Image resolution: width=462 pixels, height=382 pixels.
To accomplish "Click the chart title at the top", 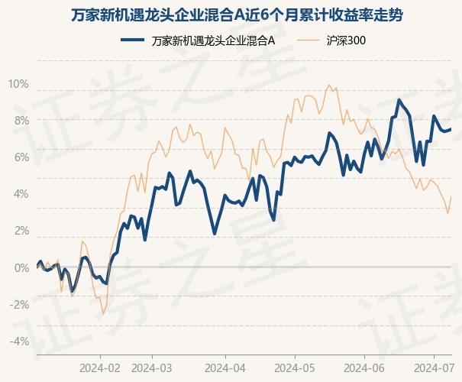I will point(231,15).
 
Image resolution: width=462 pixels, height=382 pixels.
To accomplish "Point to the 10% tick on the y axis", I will point(18,84).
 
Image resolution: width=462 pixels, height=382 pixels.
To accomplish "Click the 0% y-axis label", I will point(21,267).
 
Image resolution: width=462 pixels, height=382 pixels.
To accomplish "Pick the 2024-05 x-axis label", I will point(296,367).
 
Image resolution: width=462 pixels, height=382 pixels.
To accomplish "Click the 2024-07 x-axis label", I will point(434,367).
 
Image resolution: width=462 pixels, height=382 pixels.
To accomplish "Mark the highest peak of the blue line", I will point(399,100).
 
